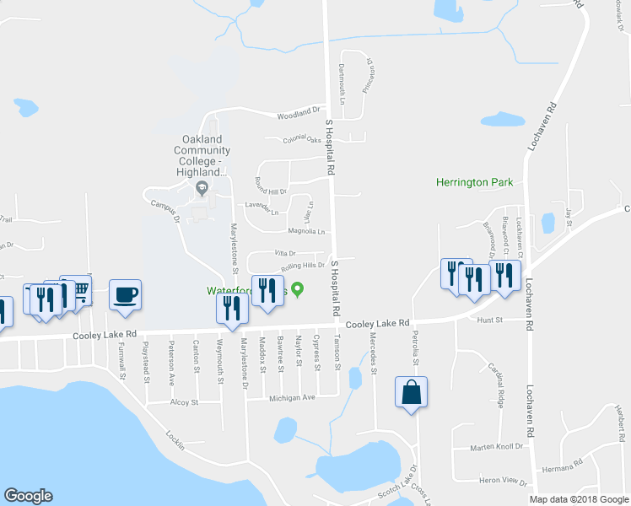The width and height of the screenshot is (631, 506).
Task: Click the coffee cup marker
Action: click(125, 295)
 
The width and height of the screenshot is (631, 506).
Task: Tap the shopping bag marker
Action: click(411, 393)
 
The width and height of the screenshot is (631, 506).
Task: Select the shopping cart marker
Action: click(80, 290)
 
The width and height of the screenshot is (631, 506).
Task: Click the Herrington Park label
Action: click(474, 182)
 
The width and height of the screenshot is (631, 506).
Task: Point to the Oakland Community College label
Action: click(202, 155)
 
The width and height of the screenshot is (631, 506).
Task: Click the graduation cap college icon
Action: click(201, 186)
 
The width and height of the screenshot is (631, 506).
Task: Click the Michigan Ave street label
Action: click(292, 397)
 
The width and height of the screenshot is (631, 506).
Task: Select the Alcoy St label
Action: click(183, 403)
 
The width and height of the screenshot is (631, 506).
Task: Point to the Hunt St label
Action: click(489, 320)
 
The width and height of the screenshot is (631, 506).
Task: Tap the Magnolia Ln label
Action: click(306, 231)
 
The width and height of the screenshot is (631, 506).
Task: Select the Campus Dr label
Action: click(165, 211)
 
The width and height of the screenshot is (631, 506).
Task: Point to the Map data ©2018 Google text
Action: click(578, 499)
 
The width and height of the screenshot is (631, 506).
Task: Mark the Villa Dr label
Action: click(284, 253)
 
